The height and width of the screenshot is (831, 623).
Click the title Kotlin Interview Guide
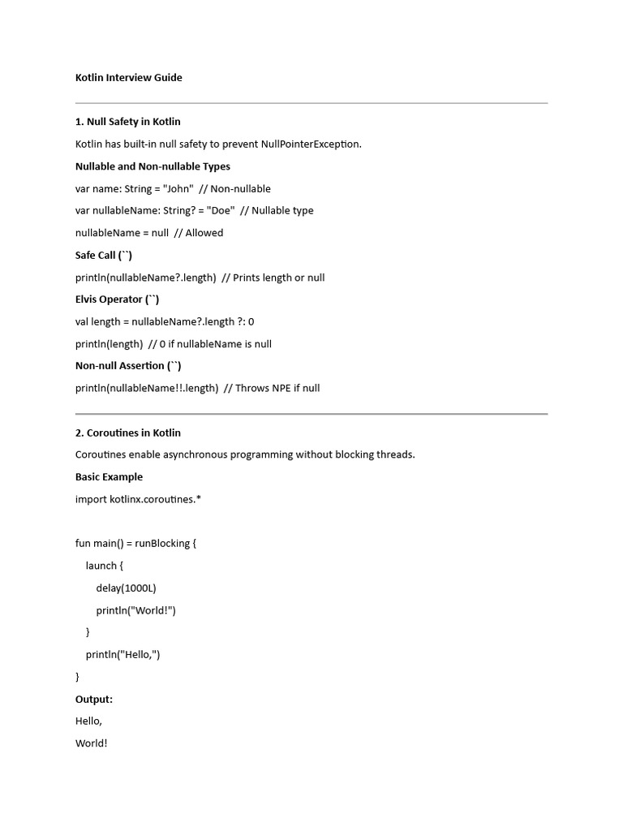128,78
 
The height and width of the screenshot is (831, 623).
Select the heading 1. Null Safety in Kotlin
127,122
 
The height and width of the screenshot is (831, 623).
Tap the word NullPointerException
311,144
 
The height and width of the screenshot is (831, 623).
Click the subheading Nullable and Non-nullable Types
153,166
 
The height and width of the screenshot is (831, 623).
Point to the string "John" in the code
178,188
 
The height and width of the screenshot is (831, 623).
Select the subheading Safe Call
103,255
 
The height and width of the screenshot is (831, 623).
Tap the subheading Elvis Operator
117,299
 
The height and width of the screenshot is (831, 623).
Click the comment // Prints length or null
273,278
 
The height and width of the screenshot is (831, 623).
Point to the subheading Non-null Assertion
128,366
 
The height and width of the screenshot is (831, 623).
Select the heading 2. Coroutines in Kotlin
127,433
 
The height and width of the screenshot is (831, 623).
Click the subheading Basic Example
109,477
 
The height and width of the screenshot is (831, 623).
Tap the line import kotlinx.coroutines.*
138,499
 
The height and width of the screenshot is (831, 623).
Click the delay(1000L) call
126,588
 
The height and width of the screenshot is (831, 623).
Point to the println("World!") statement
135,610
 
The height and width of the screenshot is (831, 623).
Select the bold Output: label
94,699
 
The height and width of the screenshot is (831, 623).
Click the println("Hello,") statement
122,654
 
